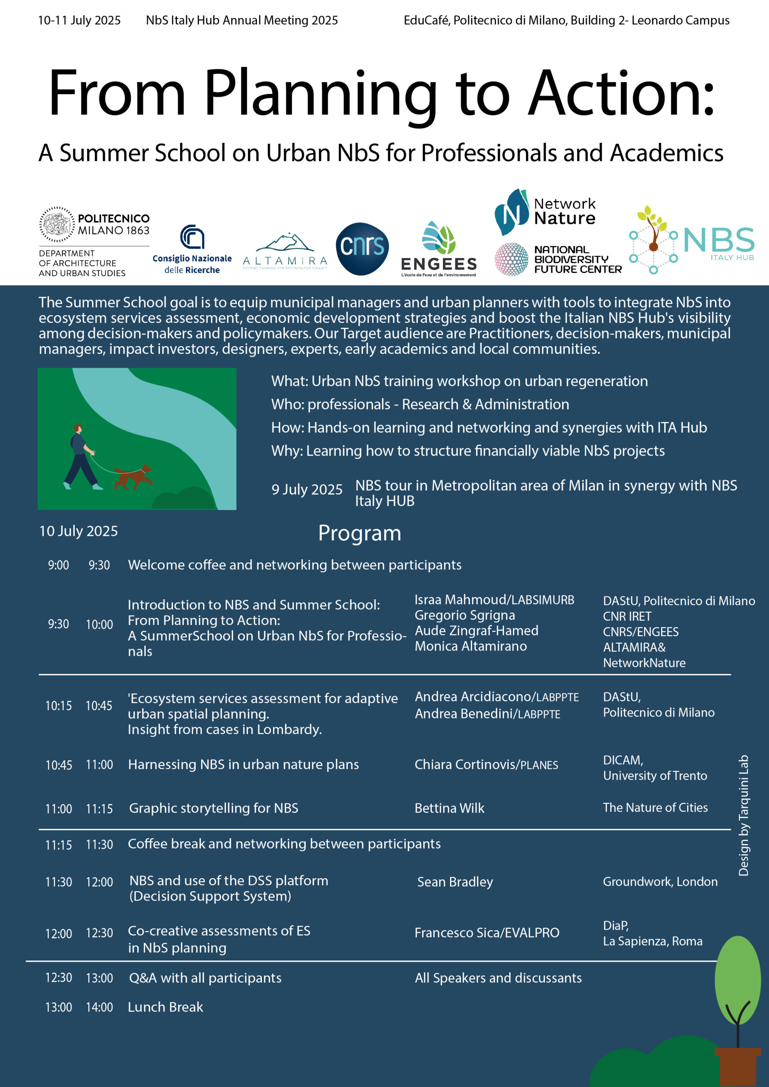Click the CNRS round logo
[x=362, y=248]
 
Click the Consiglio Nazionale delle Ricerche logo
[x=192, y=250]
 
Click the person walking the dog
[x=81, y=457]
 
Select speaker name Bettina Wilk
[x=449, y=808]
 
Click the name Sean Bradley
[x=455, y=882]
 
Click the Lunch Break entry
[x=165, y=1007]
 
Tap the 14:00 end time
[x=99, y=1008]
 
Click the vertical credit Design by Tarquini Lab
[x=744, y=815]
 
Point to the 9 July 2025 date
[x=307, y=490]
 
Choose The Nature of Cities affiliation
[x=655, y=808]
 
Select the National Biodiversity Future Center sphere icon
[x=511, y=259]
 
